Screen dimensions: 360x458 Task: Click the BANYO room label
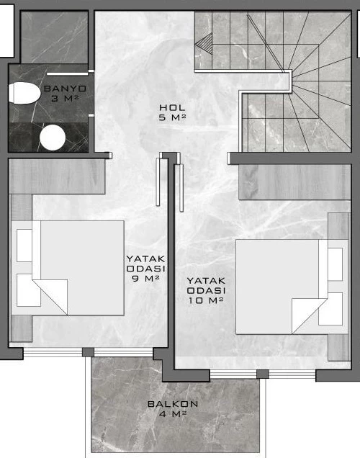point(65,88)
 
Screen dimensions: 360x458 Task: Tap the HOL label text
point(172,107)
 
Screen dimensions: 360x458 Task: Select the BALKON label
point(173,404)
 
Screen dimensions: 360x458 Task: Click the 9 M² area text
point(145,278)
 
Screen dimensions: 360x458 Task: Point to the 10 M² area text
point(206,300)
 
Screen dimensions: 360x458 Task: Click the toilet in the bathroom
point(24,93)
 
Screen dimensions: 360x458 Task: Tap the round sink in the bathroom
point(53,138)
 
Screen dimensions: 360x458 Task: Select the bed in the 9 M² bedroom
point(68,268)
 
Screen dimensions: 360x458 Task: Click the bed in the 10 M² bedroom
point(292,287)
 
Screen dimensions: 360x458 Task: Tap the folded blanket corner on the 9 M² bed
point(50,297)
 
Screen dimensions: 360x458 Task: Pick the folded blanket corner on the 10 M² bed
point(310,315)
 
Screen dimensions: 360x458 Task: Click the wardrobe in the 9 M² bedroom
point(57,176)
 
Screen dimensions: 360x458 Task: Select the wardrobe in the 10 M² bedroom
point(294,182)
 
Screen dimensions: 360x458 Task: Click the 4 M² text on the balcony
point(173,413)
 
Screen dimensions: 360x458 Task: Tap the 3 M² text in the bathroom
point(65,99)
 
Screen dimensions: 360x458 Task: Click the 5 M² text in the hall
point(172,117)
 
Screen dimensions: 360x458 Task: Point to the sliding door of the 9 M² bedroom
point(158,182)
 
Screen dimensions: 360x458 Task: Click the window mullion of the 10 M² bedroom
point(263,374)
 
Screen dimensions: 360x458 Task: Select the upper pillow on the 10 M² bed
point(335,264)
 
